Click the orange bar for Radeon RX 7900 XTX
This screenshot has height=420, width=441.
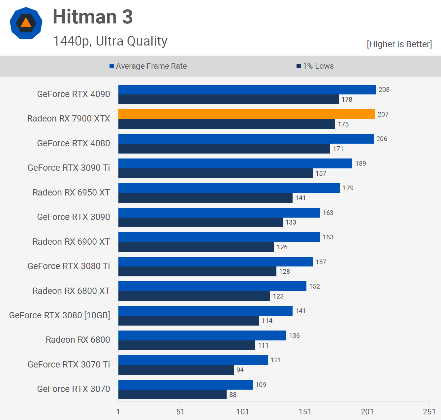(x=246, y=114)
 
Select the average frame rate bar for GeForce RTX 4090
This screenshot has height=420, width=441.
(x=247, y=89)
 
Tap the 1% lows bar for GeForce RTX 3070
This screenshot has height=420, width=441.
(x=172, y=395)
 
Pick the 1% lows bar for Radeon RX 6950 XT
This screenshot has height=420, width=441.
(x=205, y=198)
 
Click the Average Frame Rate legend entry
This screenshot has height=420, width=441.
(x=148, y=66)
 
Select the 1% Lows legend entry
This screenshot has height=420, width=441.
(x=315, y=66)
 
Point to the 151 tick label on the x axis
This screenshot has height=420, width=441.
(x=305, y=412)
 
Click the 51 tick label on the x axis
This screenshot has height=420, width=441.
(x=180, y=412)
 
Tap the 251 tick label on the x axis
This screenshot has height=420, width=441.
(x=429, y=412)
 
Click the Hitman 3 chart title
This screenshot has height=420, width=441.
(x=93, y=17)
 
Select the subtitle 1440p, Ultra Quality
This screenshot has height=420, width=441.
(x=110, y=41)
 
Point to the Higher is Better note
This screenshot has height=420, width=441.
(x=399, y=44)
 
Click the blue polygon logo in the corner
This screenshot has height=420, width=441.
(x=26, y=23)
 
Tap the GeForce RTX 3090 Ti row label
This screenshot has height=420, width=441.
(x=69, y=168)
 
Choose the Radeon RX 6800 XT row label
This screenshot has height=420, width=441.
(x=71, y=291)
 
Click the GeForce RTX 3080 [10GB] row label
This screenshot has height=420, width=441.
(x=60, y=315)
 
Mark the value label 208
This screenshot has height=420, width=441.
(x=384, y=89)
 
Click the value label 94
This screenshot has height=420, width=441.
(x=240, y=370)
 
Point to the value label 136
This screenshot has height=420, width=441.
(x=294, y=335)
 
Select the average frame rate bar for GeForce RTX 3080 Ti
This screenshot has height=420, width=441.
(x=215, y=262)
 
